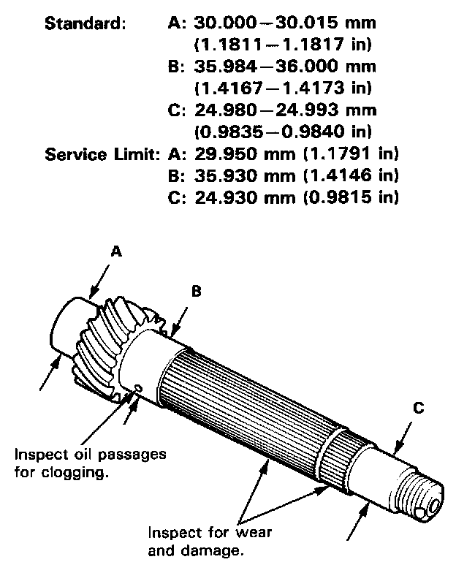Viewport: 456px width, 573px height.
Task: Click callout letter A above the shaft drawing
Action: coord(115,251)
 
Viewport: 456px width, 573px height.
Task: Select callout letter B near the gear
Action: coord(196,292)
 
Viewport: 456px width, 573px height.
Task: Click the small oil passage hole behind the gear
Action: coord(138,389)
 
